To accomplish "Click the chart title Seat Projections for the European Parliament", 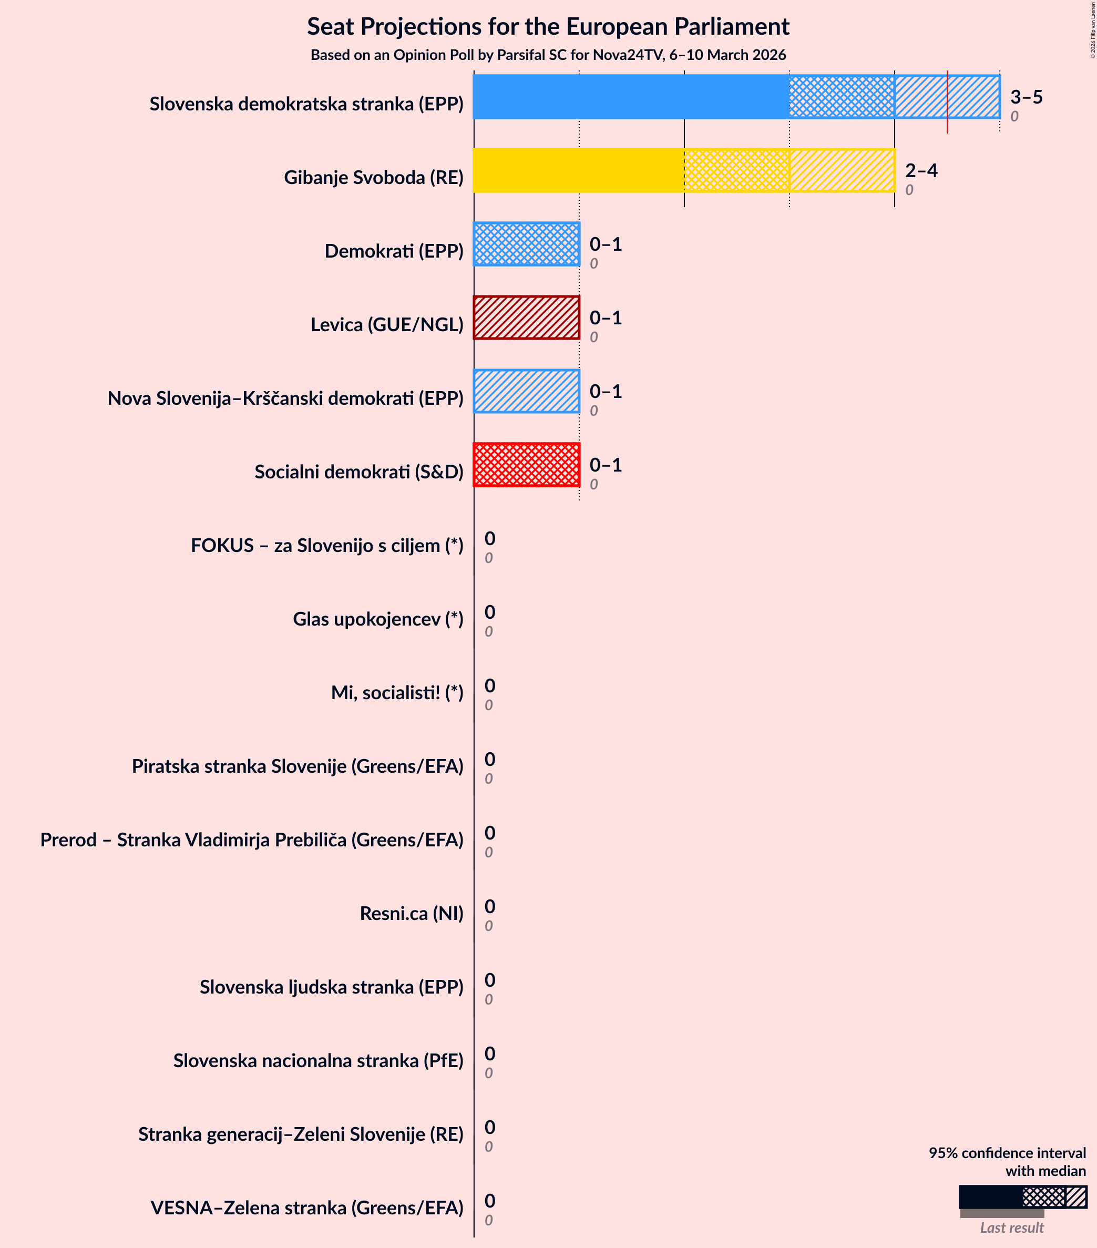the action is pos(548,27).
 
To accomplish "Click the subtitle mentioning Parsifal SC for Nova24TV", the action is pos(548,55).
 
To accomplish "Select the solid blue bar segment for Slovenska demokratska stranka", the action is pos(630,97).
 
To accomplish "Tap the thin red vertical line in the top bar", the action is pos(947,101).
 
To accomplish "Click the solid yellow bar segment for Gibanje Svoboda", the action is pos(578,170).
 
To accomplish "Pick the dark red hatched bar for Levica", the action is pos(526,318).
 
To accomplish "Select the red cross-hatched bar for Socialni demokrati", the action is pos(526,465).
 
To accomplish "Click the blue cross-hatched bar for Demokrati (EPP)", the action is pos(526,244).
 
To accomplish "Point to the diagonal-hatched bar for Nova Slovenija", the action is pos(526,391).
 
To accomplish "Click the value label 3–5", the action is pos(1026,97).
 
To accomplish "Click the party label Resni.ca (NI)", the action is pos(412,914).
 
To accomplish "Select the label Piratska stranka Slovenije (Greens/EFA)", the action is pos(298,766).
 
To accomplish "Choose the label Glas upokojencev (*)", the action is pos(378,619).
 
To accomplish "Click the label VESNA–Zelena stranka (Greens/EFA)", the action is pos(306,1208).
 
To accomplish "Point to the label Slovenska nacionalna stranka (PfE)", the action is pos(318,1060).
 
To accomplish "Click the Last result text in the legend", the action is pos(1011,1227).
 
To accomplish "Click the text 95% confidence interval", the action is pos(1007,1153).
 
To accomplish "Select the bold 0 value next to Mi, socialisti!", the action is pos(489,686).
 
